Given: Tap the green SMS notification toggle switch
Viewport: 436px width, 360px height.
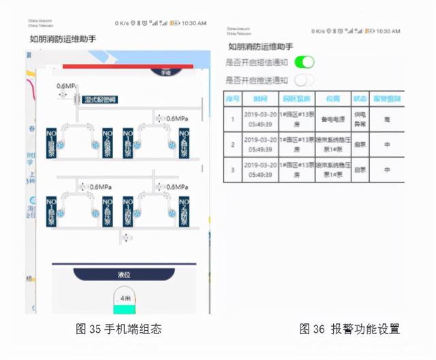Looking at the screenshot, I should [305, 62].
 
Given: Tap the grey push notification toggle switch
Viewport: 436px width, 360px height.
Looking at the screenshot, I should [305, 80].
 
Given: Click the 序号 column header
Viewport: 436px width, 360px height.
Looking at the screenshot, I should [232, 98].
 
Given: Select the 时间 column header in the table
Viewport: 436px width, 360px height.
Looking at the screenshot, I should [260, 98].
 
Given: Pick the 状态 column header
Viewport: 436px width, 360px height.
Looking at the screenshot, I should [359, 98].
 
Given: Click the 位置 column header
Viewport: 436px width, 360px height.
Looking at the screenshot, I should [332, 98].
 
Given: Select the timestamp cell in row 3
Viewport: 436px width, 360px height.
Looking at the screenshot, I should [260, 169].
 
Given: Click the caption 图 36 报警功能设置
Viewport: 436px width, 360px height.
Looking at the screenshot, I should [349, 329].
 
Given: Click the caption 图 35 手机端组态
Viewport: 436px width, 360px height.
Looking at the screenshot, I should [119, 329].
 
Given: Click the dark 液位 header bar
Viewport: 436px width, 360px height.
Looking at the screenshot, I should [124, 275].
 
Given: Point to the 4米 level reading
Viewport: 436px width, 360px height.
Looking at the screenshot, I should [125, 298].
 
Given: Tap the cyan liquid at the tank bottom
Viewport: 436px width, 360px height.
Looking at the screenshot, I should [125, 310].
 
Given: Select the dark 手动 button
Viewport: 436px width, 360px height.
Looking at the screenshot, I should [166, 72].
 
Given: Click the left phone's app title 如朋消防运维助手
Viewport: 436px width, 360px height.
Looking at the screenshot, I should [63, 39].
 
